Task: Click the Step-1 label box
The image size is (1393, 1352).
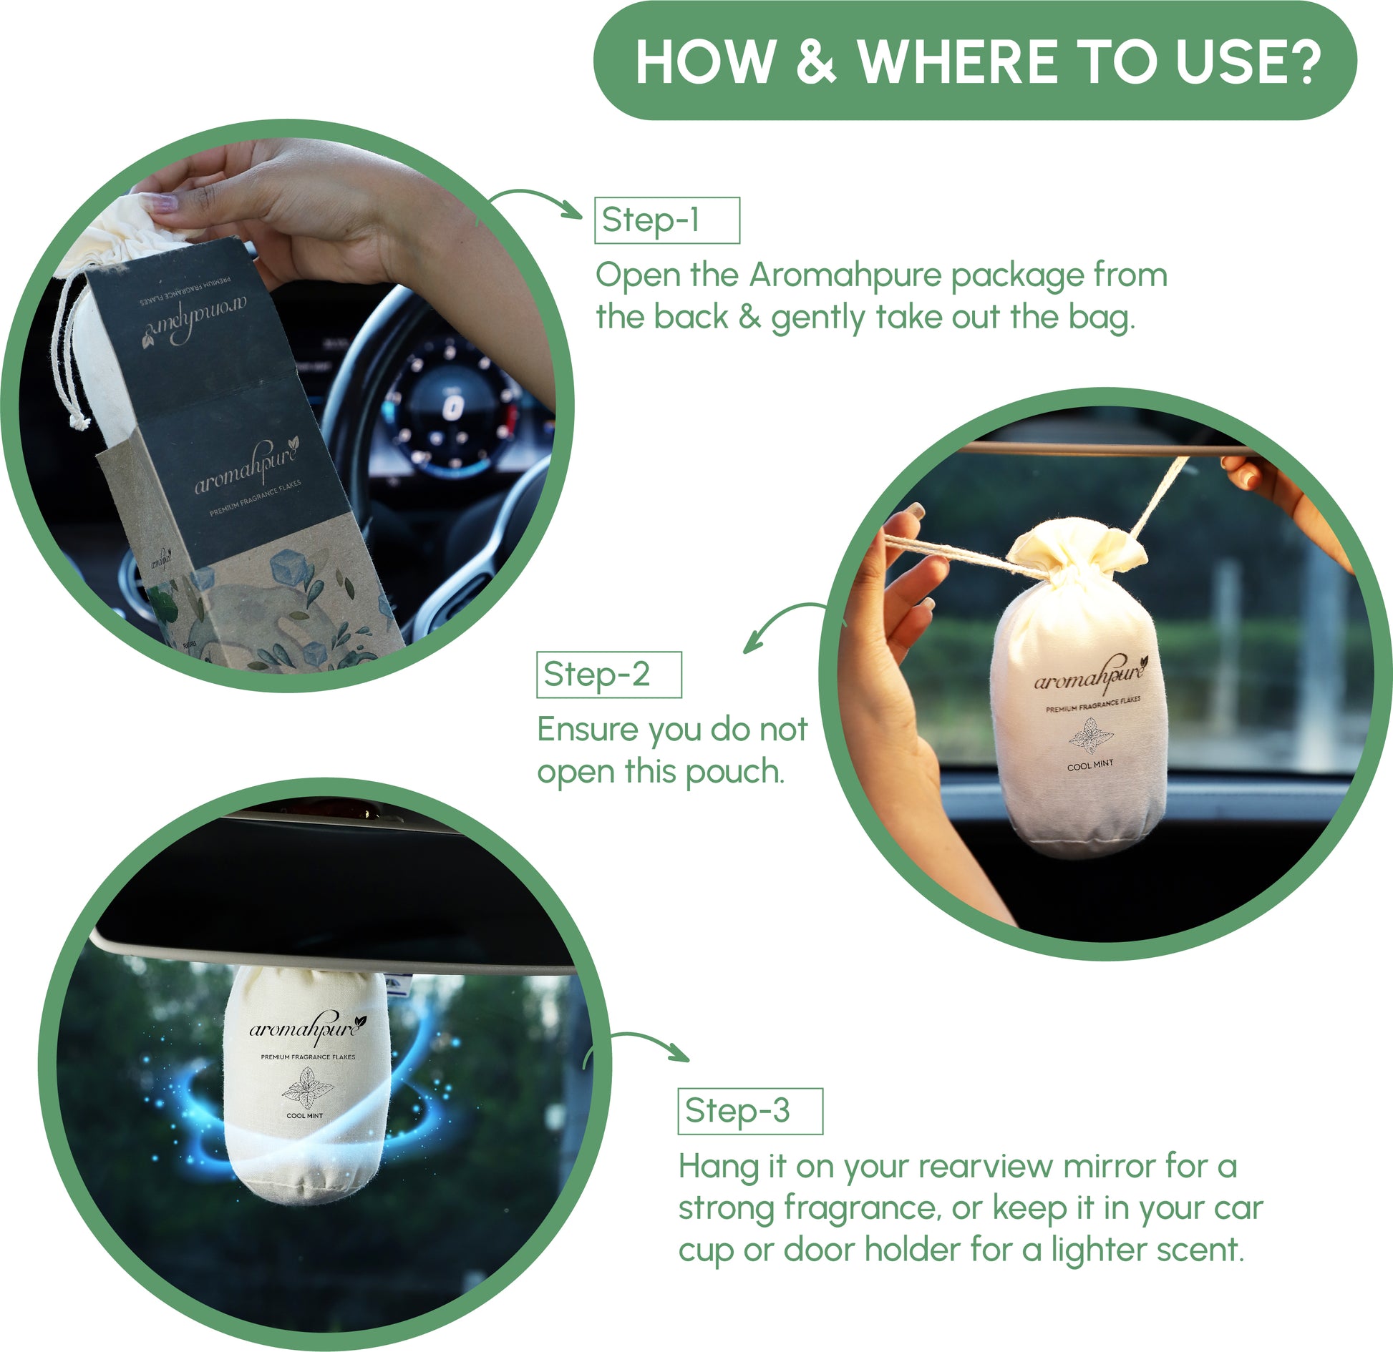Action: point(666,220)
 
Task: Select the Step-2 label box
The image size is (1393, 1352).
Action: point(608,675)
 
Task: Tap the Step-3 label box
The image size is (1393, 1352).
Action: point(749,1111)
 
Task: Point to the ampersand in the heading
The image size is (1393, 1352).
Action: point(815,62)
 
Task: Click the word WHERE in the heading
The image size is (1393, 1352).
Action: point(957,62)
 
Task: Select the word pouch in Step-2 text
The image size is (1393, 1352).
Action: point(734,773)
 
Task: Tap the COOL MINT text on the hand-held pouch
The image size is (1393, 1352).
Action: point(1089,765)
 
